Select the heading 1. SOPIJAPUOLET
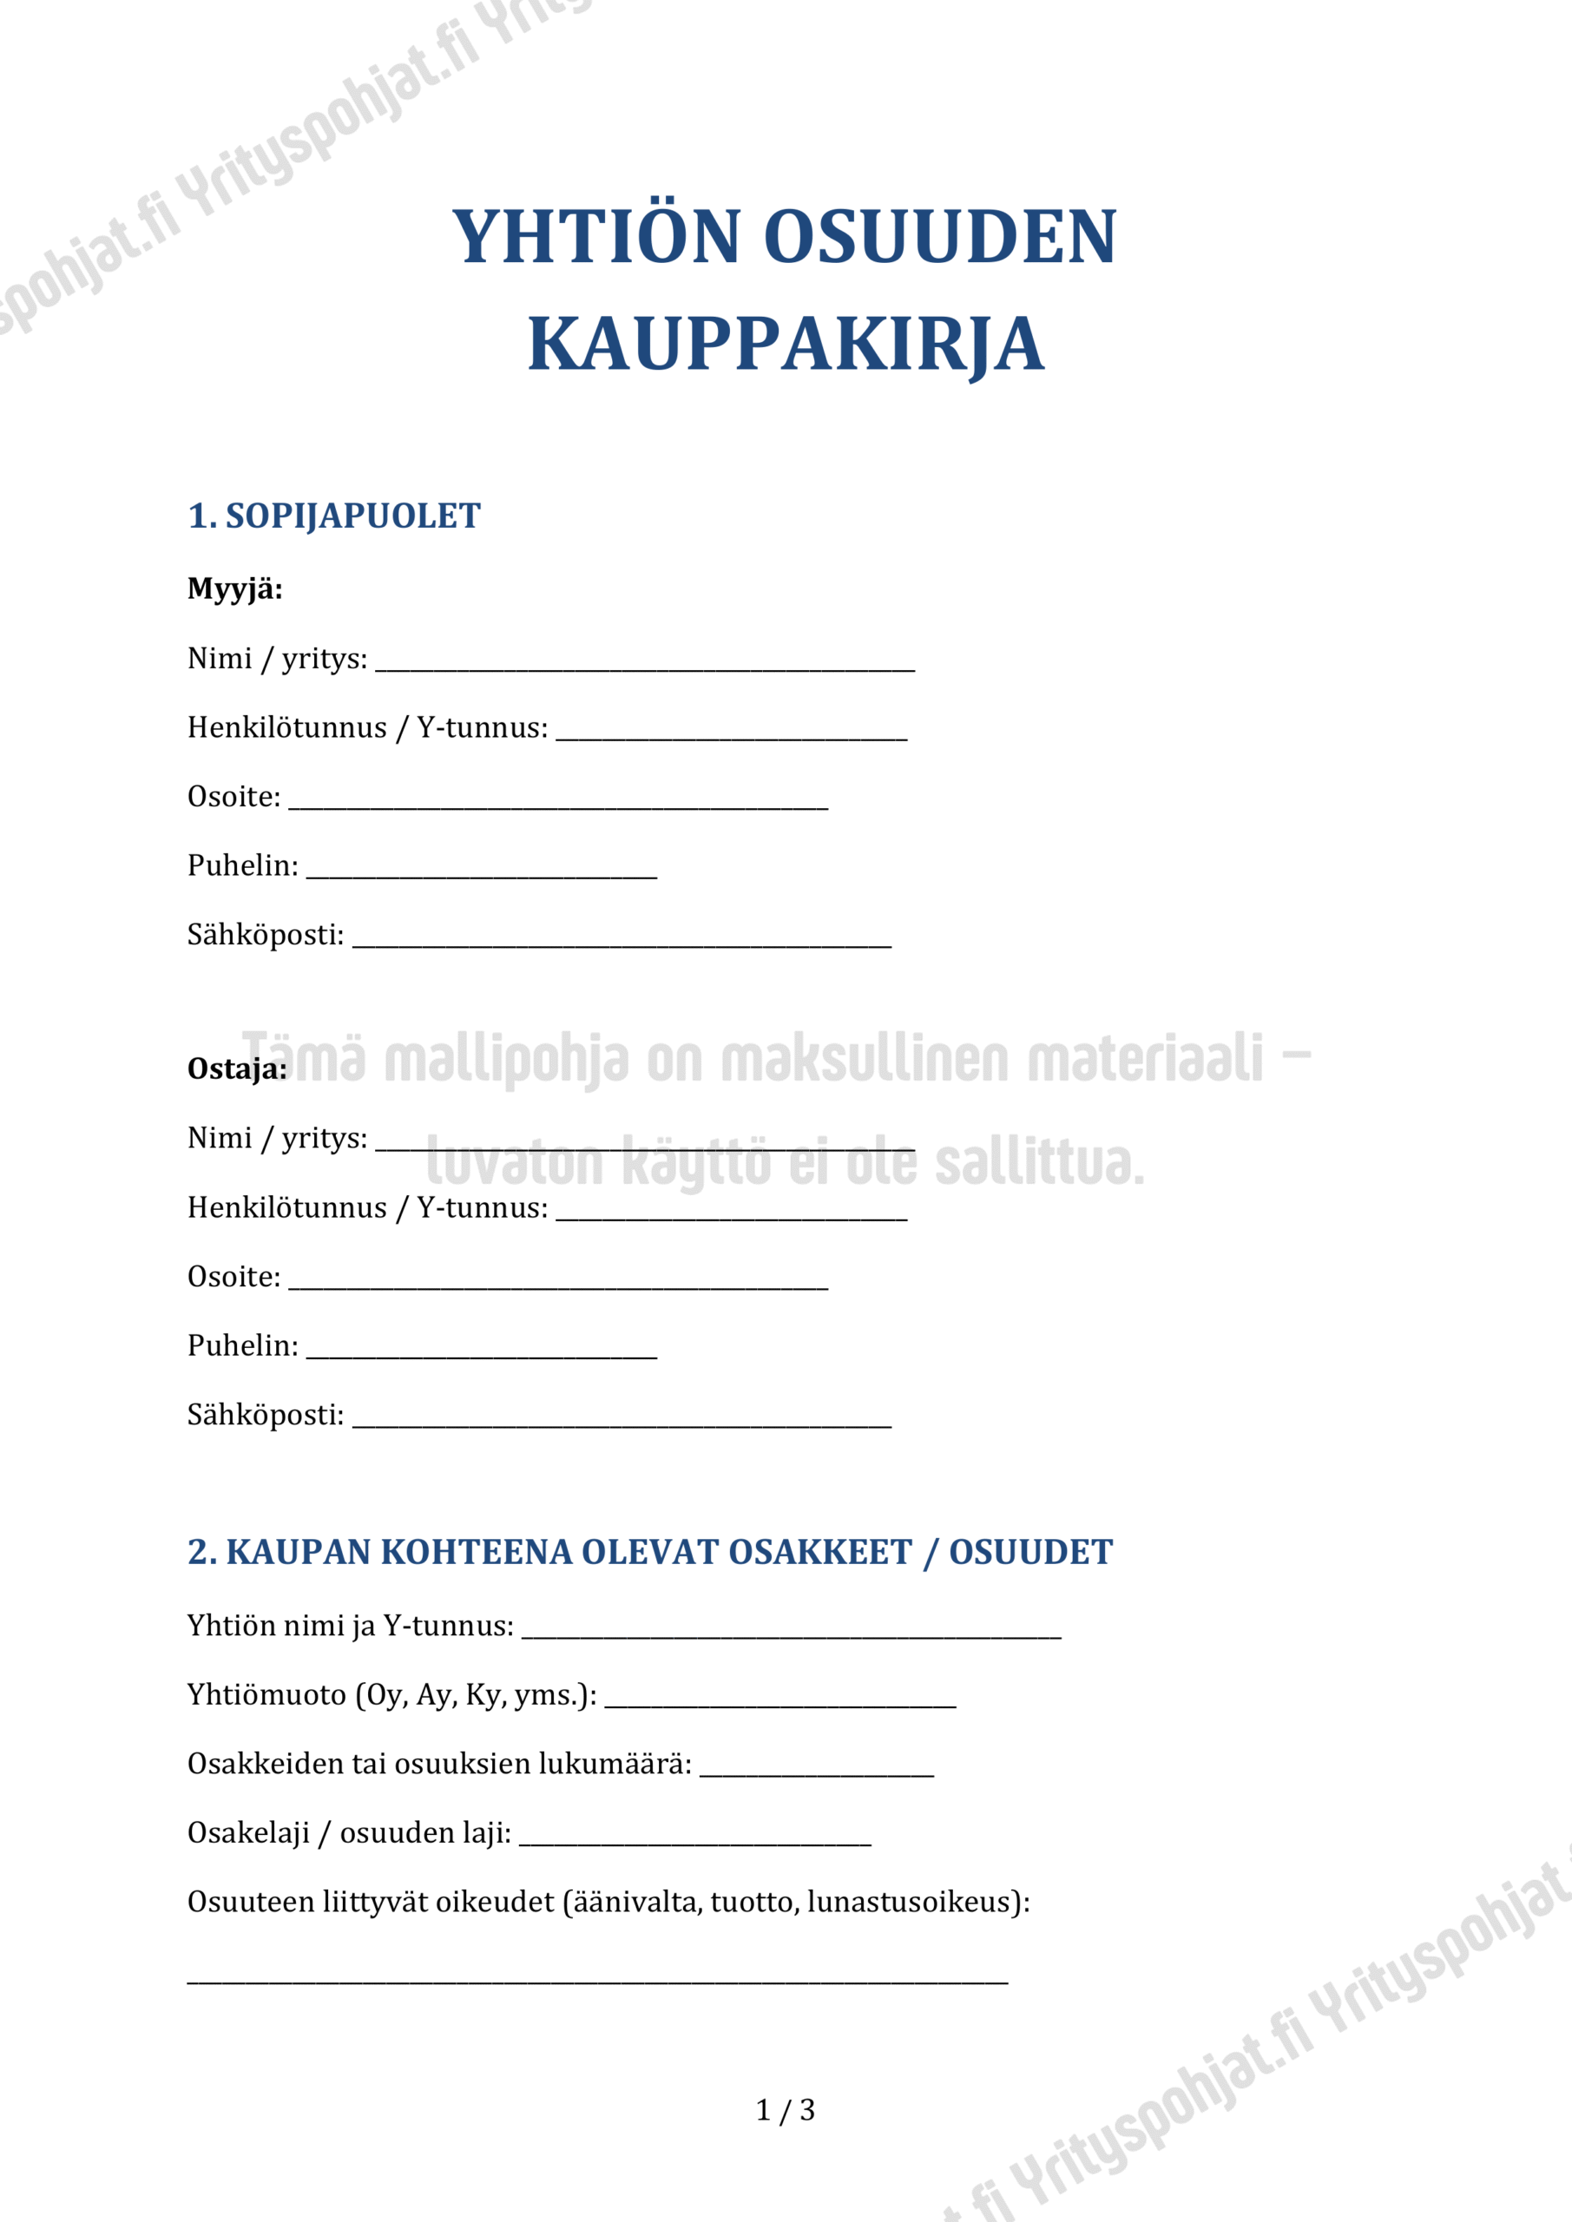(334, 516)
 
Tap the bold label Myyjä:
(235, 588)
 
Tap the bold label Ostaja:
(237, 1068)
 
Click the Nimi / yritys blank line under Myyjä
(645, 667)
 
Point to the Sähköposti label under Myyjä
(266, 935)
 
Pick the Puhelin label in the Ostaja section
(243, 1345)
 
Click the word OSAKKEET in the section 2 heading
(820, 1552)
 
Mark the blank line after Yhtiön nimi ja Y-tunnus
(792, 1635)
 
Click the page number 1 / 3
(785, 2110)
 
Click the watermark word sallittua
(1039, 1163)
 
